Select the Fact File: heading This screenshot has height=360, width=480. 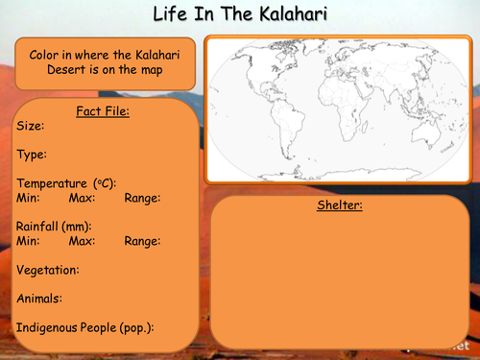103,110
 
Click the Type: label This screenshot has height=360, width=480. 33,154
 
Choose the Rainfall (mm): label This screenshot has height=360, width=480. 56,227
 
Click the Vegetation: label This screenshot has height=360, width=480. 48,270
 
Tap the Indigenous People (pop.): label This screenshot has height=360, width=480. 84,327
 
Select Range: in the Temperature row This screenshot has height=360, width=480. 142,198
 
